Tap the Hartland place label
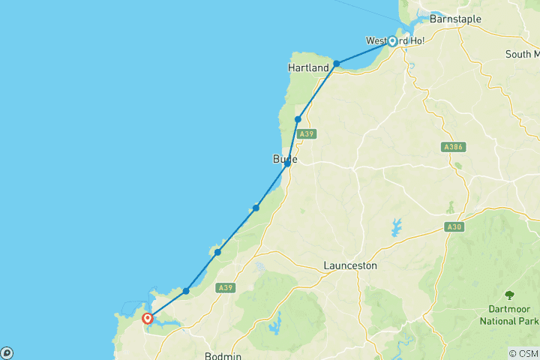[x=308, y=68]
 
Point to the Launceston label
[x=349, y=265]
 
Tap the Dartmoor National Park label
[x=509, y=315]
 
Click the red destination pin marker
[x=148, y=319]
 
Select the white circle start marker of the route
[x=391, y=41]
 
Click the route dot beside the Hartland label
[x=337, y=64]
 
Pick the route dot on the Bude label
[x=287, y=163]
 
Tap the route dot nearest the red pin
[x=186, y=291]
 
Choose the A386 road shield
[x=451, y=147]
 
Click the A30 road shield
[x=452, y=226]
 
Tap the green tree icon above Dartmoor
[x=510, y=295]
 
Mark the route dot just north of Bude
[x=298, y=119]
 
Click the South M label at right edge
[x=522, y=54]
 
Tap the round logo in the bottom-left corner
[x=7, y=352]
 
